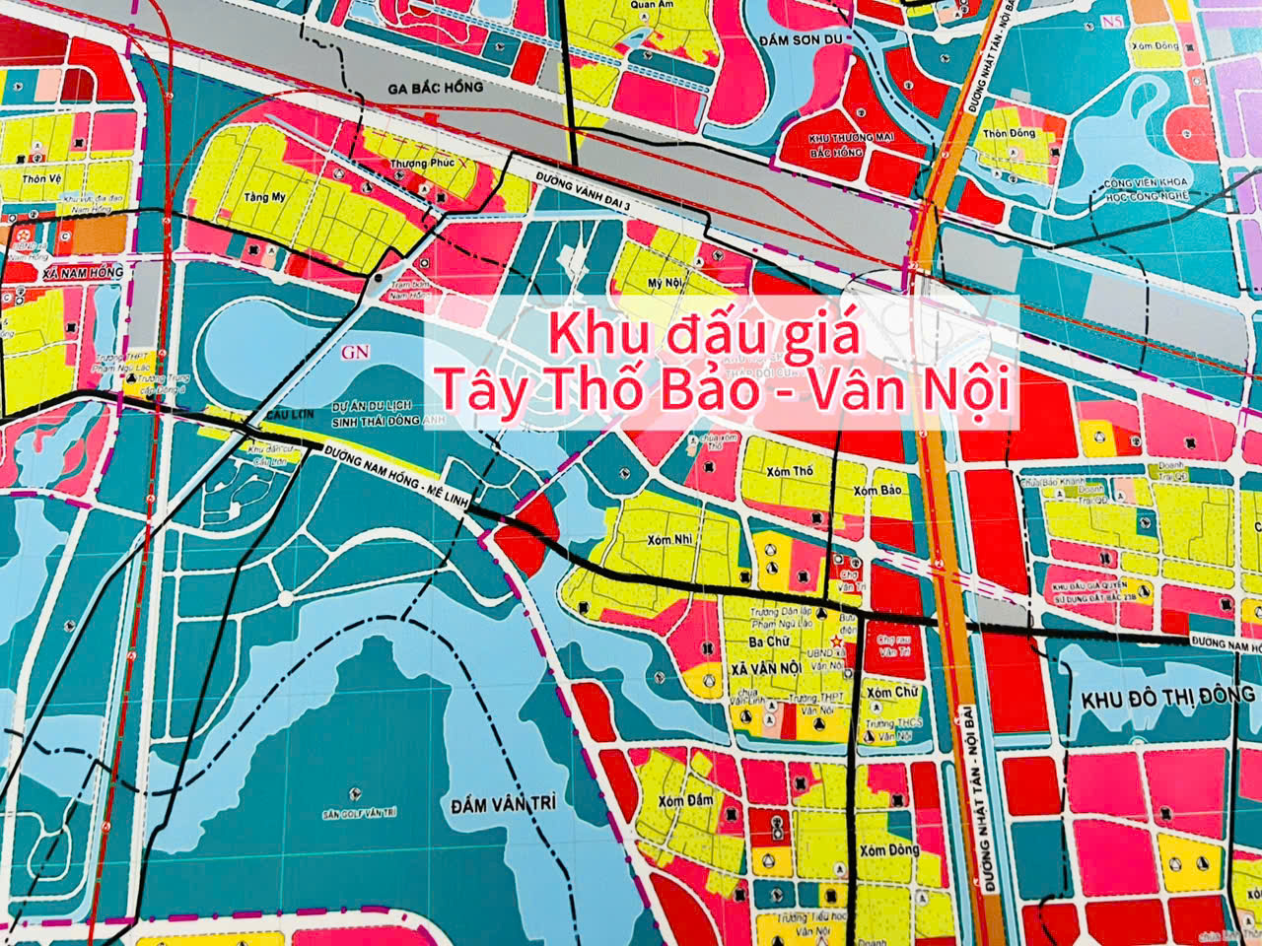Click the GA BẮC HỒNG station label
pyautogui.click(x=436, y=88)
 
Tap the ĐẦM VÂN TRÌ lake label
pyautogui.click(x=503, y=804)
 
